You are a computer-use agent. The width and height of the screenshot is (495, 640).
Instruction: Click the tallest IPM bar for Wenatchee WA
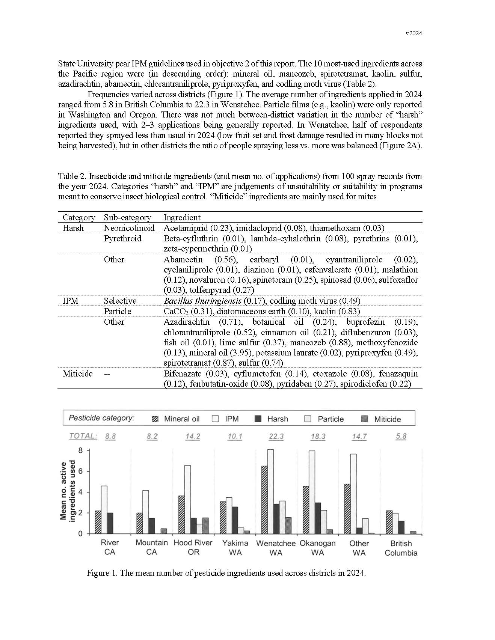click(x=270, y=491)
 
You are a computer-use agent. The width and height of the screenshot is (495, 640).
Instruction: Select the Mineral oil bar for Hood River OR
click(x=181, y=515)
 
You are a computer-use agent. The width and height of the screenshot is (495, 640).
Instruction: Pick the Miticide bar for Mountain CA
click(x=164, y=531)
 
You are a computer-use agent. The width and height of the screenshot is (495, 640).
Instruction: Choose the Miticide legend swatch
click(x=364, y=419)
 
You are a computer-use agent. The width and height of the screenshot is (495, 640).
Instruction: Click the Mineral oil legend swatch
click(x=155, y=419)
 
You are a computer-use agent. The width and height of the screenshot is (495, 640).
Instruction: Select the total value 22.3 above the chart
click(x=276, y=437)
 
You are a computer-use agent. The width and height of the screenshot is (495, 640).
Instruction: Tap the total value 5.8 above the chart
click(x=401, y=437)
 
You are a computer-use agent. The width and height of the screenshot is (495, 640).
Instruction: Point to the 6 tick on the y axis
click(x=80, y=471)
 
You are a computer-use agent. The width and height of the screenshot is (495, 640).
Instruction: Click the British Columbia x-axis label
click(x=401, y=548)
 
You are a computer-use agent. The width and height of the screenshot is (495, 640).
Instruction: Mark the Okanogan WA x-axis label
click(x=318, y=548)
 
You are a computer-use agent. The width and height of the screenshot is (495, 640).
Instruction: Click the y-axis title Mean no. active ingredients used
click(x=68, y=491)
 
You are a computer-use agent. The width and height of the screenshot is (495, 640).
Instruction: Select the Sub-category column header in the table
click(x=127, y=217)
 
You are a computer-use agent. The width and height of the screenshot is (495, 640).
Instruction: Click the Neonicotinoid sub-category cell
click(x=129, y=228)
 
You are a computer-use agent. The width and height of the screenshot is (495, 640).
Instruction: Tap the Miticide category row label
click(x=77, y=373)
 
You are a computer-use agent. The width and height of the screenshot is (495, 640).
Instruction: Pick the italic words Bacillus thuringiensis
click(x=202, y=301)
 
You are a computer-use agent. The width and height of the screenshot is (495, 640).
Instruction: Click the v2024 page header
click(x=414, y=33)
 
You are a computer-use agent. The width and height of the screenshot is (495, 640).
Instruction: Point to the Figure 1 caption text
click(x=226, y=573)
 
